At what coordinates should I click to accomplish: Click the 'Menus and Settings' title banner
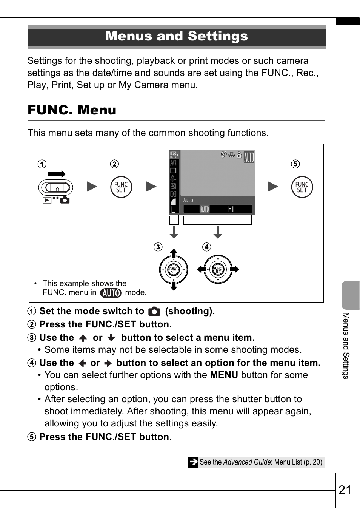[177, 36]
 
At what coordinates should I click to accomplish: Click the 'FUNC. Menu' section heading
[72, 110]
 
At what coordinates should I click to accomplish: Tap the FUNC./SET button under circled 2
[121, 187]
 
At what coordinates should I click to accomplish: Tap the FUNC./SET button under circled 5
[302, 187]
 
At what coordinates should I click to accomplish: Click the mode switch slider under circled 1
[56, 188]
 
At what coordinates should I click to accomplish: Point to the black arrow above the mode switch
[57, 174]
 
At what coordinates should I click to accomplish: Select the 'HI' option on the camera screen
[231, 209]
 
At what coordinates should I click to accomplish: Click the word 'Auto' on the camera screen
[188, 200]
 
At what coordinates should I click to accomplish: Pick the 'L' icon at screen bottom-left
[173, 210]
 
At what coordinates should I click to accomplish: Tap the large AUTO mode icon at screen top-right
[249, 157]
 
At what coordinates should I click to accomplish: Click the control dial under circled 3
[174, 270]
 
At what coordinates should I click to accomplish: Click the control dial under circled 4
[218, 269]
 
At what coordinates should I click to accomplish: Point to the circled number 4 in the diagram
[206, 247]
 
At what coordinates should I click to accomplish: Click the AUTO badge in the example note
[111, 293]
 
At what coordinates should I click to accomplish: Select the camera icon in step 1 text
[154, 312]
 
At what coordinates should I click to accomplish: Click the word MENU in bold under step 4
[224, 375]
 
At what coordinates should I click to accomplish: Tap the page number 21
[345, 490]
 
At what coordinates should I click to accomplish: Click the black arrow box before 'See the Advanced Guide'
[193, 462]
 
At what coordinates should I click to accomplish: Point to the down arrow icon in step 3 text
[111, 338]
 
